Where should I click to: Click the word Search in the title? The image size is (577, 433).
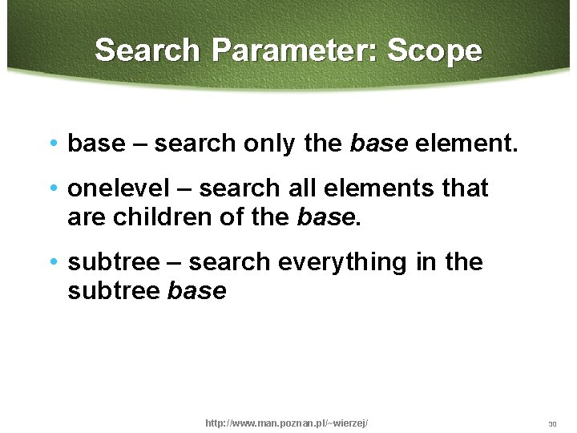(x=147, y=51)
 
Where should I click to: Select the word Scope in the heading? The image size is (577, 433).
(x=435, y=51)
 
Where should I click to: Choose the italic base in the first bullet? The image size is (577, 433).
(x=379, y=144)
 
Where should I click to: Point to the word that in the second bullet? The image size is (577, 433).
(x=466, y=188)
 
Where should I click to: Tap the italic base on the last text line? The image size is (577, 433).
(x=197, y=291)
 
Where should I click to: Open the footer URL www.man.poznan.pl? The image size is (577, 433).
(x=287, y=423)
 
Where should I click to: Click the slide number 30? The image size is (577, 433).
(x=552, y=423)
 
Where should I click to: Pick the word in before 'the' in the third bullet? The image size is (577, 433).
(x=425, y=262)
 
